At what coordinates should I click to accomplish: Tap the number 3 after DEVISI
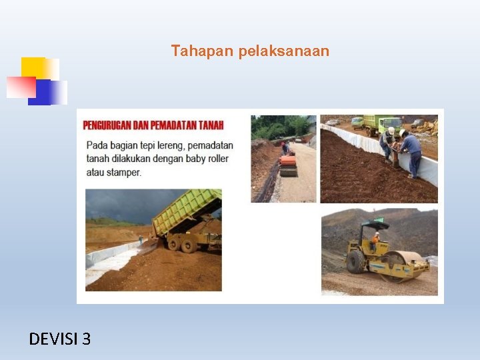coord(86,339)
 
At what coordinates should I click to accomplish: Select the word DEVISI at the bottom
coord(53,339)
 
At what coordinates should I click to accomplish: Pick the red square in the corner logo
coord(20,87)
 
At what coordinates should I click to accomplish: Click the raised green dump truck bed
coord(187,209)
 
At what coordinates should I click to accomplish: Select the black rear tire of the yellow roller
coord(357,261)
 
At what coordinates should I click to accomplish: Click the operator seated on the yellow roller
coord(376,238)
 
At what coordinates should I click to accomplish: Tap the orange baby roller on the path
coord(288,164)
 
